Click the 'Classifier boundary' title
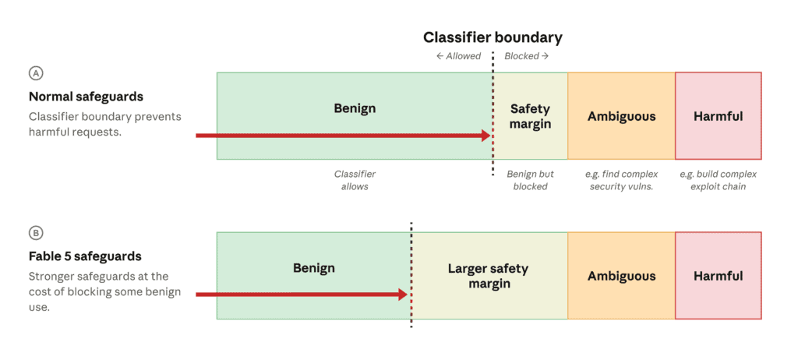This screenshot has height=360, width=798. tap(493, 37)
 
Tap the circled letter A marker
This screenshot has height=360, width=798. tap(36, 73)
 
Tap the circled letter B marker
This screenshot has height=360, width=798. tap(36, 233)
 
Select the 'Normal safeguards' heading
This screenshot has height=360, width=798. tap(86, 97)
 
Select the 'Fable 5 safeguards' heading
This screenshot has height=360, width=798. tap(85, 256)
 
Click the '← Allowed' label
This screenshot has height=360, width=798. tap(458, 56)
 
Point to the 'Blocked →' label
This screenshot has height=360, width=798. tap(526, 56)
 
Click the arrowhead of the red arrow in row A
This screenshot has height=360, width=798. tap(486, 136)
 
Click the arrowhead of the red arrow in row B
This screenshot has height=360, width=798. tap(403, 295)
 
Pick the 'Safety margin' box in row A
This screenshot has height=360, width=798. tap(530, 116)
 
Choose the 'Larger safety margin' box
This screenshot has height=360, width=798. tap(489, 276)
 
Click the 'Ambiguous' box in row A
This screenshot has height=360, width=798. tap(621, 116)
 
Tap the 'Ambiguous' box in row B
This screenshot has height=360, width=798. tap(621, 276)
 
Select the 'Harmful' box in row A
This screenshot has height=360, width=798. tap(719, 116)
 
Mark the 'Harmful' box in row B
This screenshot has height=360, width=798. tap(719, 276)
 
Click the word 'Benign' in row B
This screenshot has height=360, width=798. tap(314, 268)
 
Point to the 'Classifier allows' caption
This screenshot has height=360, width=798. tap(355, 180)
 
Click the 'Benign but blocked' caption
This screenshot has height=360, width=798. tap(530, 180)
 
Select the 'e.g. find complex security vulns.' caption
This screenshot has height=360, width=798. tap(621, 180)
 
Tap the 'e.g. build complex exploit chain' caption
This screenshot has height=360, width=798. tap(718, 180)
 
